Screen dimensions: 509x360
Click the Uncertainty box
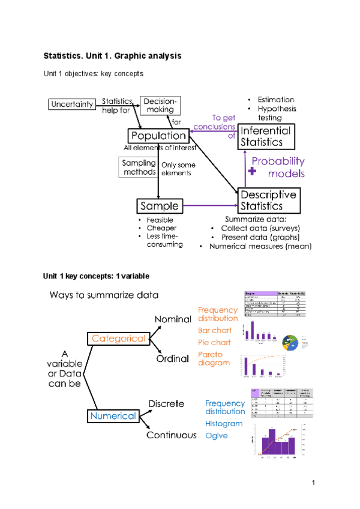(72, 104)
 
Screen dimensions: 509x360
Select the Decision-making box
(158, 105)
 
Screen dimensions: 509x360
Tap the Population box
(158, 136)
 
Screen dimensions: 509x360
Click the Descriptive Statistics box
(268, 200)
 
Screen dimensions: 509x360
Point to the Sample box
(159, 206)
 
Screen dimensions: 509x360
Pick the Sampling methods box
(139, 167)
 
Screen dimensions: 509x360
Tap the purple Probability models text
(278, 167)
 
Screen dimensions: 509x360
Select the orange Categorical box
(118, 339)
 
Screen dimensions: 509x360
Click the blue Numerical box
(113, 415)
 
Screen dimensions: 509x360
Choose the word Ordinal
(173, 358)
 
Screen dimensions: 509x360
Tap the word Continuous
(171, 435)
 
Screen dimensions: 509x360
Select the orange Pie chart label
(214, 342)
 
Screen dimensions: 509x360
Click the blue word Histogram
(224, 423)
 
